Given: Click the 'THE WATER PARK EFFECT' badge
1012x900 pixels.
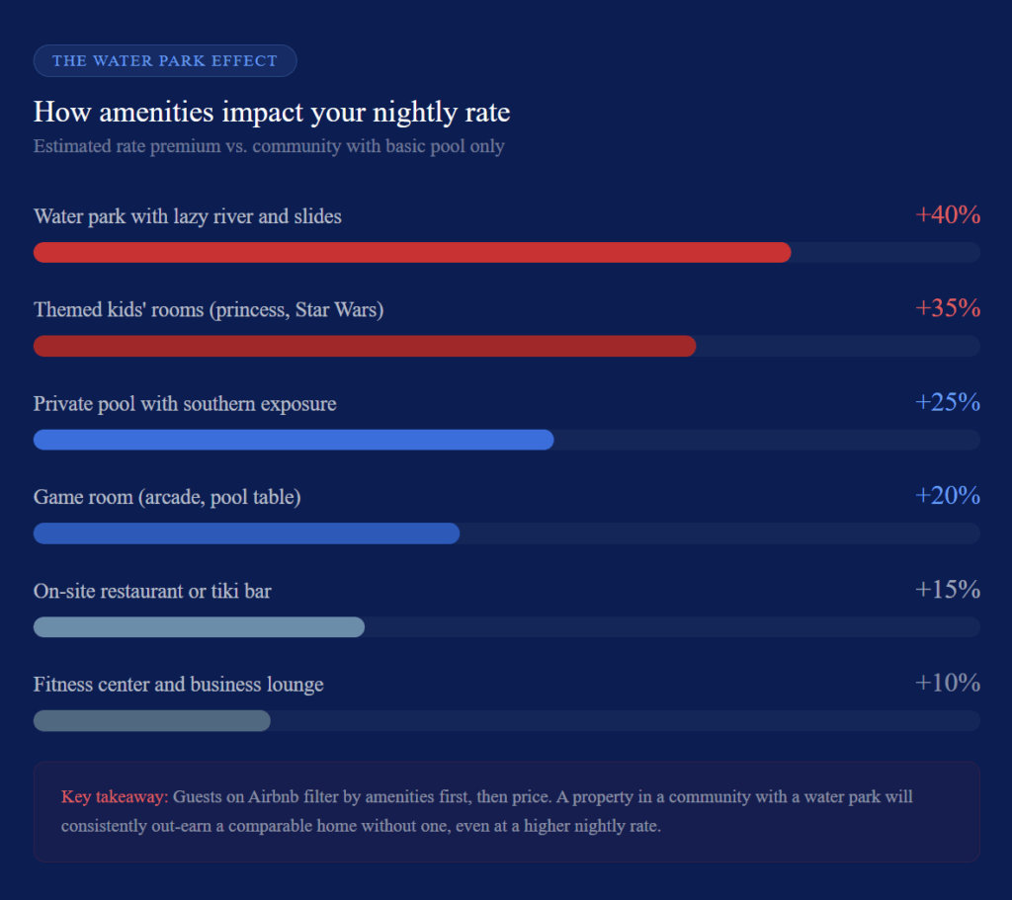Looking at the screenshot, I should tap(165, 61).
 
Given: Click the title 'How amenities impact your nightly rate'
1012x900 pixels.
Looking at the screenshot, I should tap(272, 113).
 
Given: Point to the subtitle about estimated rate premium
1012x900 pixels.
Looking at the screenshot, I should tap(269, 146).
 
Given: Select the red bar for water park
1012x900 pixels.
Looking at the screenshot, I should tap(412, 252).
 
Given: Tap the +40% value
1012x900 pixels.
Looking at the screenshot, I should tap(948, 214).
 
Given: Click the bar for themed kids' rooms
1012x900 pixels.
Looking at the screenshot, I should tap(365, 346).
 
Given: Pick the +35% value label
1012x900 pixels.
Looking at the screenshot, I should tap(948, 308).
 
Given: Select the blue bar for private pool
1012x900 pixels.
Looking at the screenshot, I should tap(294, 440).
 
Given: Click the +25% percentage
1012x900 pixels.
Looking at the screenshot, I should tap(948, 402).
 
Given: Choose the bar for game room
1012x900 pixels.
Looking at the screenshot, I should tap(246, 533).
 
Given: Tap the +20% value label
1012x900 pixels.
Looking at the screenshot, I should tap(948, 495).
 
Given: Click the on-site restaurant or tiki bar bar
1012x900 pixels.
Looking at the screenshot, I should tap(199, 627).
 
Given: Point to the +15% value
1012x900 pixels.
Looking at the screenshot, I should tap(948, 590).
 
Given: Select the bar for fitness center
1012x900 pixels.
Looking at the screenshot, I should tap(151, 721).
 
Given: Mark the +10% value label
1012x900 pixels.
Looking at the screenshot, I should tap(948, 683).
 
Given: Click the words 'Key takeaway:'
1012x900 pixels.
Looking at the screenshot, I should tap(115, 796).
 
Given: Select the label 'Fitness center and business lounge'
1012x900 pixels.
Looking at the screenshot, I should tap(178, 684).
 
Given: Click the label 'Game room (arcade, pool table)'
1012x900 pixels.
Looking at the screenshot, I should tap(167, 497).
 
